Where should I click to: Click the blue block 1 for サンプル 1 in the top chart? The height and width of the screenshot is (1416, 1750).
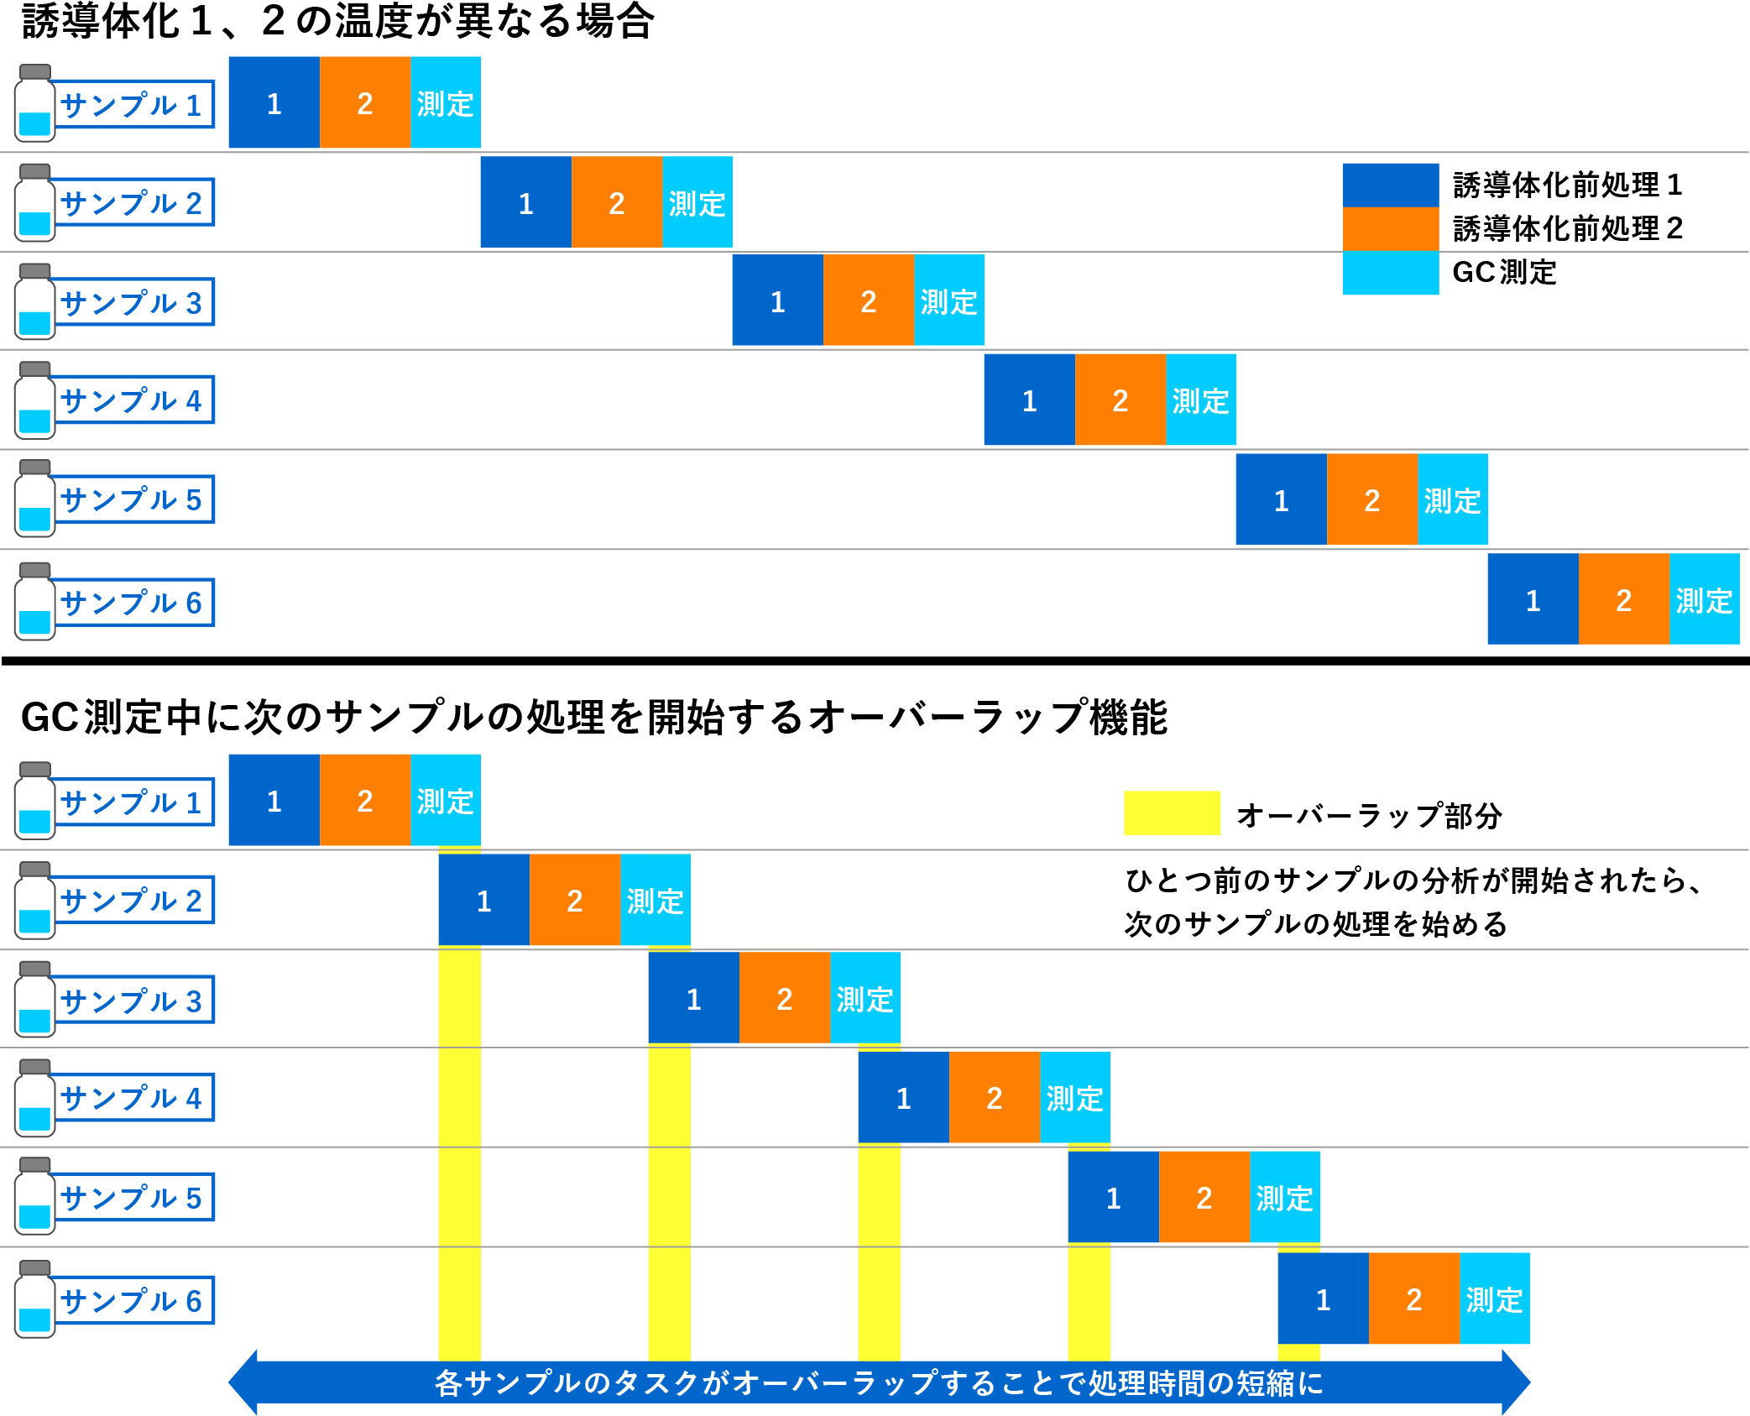[274, 103]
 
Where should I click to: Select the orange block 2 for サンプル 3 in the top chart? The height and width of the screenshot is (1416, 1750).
[868, 300]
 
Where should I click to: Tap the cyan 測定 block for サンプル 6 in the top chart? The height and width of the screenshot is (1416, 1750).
[1704, 599]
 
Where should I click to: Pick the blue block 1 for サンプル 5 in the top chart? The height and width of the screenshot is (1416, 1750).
[1281, 499]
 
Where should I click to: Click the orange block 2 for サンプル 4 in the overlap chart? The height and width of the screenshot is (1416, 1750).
[994, 1097]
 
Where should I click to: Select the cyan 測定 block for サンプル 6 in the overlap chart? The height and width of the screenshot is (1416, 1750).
[1494, 1298]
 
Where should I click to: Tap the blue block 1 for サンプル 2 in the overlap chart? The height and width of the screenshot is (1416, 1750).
[483, 900]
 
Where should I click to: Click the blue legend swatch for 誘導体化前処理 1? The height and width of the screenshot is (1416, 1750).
[1390, 185]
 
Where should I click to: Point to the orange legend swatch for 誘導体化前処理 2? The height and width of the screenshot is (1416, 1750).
[1390, 228]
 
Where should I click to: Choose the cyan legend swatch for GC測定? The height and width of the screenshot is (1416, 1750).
[1390, 273]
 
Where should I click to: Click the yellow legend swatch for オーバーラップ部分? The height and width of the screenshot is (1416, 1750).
[1171, 813]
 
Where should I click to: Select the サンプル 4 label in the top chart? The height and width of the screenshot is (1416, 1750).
[132, 400]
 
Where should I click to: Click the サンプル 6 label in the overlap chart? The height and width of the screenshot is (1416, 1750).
[132, 1300]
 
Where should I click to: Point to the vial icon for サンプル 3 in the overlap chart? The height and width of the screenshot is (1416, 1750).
[34, 999]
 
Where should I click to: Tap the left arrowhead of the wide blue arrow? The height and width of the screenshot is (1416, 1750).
[243, 1382]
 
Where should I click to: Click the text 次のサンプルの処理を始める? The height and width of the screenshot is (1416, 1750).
[1315, 923]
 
